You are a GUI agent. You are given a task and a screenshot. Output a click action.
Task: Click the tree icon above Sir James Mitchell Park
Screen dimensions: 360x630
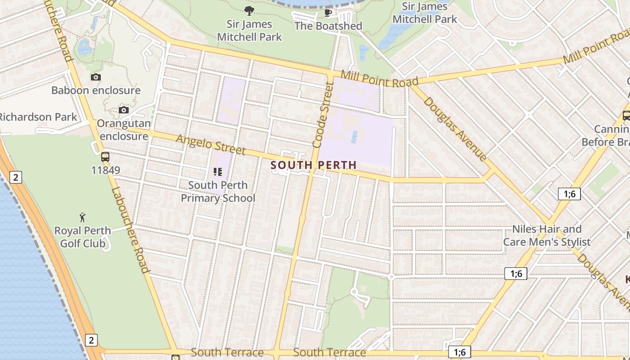pyautogui.click(x=249, y=11)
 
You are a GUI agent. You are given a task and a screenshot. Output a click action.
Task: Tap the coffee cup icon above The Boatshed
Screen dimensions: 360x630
pyautogui.click(x=328, y=12)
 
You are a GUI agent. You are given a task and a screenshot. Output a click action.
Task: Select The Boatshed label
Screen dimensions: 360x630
pyautogui.click(x=328, y=26)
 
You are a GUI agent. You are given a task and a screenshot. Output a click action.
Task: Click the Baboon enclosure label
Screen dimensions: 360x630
pyautogui.click(x=96, y=90)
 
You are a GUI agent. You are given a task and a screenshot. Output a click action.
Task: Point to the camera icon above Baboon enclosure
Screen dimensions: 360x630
pyautogui.click(x=96, y=77)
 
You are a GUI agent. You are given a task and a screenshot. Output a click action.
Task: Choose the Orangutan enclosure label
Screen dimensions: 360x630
pyautogui.click(x=123, y=130)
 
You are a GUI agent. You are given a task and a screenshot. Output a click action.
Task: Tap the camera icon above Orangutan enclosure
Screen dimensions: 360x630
pyautogui.click(x=124, y=110)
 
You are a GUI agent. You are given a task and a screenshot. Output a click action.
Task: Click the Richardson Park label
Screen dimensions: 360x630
pyautogui.click(x=38, y=117)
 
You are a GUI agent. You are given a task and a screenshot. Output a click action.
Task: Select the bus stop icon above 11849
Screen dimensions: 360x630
pyautogui.click(x=105, y=157)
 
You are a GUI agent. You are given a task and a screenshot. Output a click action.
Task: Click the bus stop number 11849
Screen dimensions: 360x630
pyautogui.click(x=105, y=171)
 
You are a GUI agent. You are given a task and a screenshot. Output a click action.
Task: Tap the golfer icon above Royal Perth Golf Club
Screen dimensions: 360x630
pyautogui.click(x=82, y=218)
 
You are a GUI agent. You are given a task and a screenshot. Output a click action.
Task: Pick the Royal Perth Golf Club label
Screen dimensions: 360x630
pyautogui.click(x=82, y=237)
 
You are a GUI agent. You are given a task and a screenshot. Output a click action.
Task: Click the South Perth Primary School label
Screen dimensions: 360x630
pyautogui.click(x=218, y=192)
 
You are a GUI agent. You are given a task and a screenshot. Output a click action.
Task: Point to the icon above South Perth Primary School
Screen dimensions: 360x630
pyautogui.click(x=218, y=171)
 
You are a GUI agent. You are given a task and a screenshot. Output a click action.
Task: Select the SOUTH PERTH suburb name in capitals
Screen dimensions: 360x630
pyautogui.click(x=313, y=165)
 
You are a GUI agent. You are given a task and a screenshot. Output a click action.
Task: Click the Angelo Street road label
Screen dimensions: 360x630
pyautogui.click(x=211, y=144)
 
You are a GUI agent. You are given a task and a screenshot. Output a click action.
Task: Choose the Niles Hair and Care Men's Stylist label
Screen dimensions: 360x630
pyautogui.click(x=547, y=235)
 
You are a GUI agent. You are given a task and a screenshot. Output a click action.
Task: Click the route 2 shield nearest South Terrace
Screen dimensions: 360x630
pyautogui.click(x=91, y=340)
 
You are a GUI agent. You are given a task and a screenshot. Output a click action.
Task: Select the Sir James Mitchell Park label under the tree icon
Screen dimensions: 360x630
pyautogui.click(x=249, y=31)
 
